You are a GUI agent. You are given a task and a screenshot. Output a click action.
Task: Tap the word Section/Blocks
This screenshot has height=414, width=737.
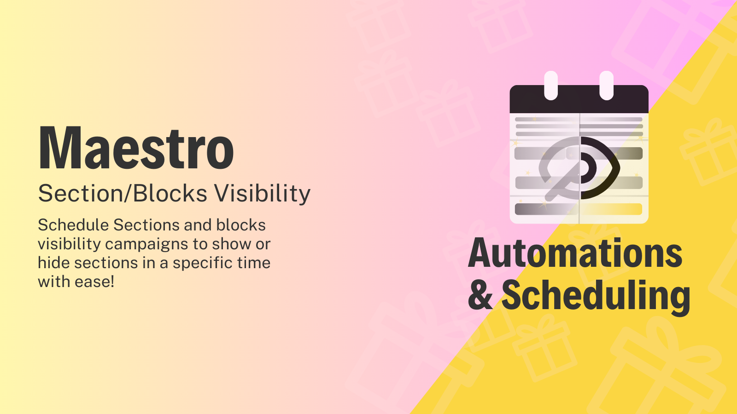click(x=123, y=194)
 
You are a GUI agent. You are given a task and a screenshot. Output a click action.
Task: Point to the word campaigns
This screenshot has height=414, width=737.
click(x=158, y=244)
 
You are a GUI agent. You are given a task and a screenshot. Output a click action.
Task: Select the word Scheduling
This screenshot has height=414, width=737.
click(x=595, y=295)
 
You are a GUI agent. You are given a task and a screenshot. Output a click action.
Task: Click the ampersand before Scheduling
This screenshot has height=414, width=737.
click(x=480, y=295)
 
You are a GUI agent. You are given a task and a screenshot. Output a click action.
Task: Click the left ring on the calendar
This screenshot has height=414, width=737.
click(x=551, y=86)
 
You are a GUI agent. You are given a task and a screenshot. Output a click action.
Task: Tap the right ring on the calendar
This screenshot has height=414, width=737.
click(x=606, y=86)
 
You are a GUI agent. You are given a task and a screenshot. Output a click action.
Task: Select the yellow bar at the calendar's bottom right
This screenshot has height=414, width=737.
click(x=611, y=209)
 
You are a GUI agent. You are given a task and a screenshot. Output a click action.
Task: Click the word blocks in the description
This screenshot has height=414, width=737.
click(x=241, y=225)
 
